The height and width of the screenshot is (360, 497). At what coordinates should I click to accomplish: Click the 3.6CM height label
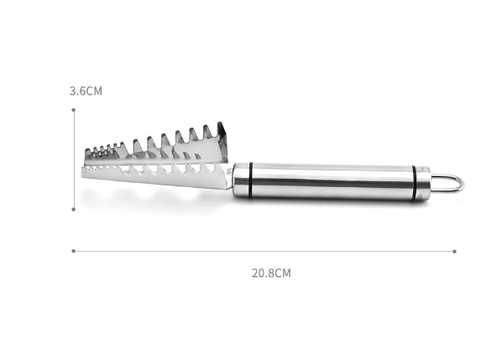click(x=86, y=91)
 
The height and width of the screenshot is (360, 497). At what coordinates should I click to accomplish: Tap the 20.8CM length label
click(x=271, y=273)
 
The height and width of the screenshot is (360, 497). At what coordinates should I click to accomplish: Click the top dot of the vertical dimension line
click(x=74, y=110)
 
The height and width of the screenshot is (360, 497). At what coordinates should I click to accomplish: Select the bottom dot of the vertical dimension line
click(x=74, y=209)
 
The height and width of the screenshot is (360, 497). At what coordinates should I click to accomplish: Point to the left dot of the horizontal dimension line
click(x=74, y=251)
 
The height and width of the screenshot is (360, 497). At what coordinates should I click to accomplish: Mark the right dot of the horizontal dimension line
click(x=454, y=251)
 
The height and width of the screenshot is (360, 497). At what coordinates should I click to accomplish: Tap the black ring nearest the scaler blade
click(x=250, y=180)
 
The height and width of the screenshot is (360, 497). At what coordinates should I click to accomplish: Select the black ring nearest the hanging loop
click(x=414, y=183)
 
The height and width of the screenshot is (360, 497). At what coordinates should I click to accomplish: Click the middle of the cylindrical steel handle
click(x=332, y=181)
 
